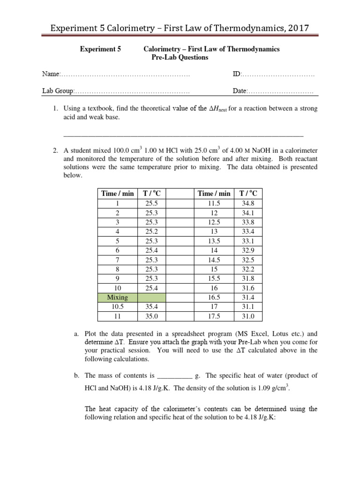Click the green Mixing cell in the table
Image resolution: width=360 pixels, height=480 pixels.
117,297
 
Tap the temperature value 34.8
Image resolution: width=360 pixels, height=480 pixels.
248,203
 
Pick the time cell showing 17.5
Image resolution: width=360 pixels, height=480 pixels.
214,316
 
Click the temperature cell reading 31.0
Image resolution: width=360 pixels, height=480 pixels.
248,316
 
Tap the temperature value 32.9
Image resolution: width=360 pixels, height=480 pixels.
248,250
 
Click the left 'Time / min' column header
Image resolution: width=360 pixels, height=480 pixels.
117,193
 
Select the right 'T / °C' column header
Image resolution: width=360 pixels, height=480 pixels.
248,193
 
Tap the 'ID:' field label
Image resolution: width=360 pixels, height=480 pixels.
237,74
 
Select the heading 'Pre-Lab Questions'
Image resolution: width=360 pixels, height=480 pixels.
180,58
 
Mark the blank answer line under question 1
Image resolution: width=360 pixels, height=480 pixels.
183,135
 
